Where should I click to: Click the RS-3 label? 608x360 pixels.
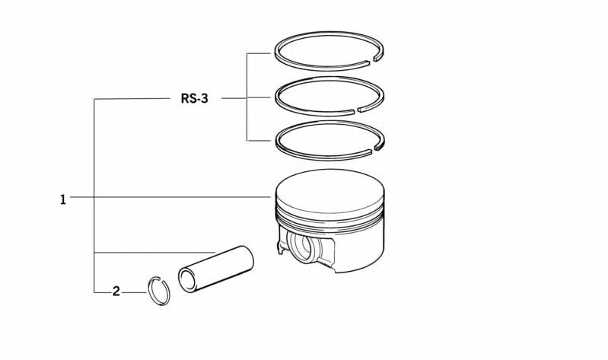coord(194,99)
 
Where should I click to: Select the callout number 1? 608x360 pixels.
coord(63,199)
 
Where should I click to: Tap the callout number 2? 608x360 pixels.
coord(116,291)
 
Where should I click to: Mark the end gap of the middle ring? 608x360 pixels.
coord(355,111)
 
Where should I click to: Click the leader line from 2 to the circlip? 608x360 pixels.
coord(134,292)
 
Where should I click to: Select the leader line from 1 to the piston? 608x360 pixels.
coord(167,197)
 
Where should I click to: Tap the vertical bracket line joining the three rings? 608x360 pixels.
coord(247,97)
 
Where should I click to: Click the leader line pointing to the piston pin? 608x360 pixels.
coord(152,252)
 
